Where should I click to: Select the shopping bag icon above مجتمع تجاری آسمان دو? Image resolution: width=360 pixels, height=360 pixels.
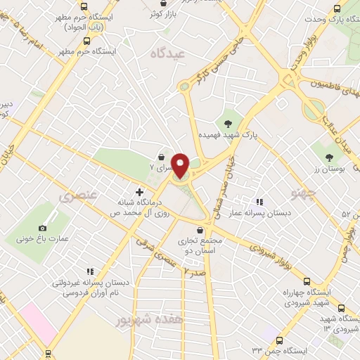(200, 230)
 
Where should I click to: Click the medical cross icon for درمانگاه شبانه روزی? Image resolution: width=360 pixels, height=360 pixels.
(139, 191)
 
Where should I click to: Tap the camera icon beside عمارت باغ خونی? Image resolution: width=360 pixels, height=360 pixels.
(44, 228)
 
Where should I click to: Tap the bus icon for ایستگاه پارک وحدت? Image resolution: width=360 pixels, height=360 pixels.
(336, 8)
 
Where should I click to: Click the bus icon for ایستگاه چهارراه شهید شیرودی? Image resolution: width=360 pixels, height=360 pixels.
(341, 308)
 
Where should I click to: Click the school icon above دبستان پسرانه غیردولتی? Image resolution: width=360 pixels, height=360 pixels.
(89, 271)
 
